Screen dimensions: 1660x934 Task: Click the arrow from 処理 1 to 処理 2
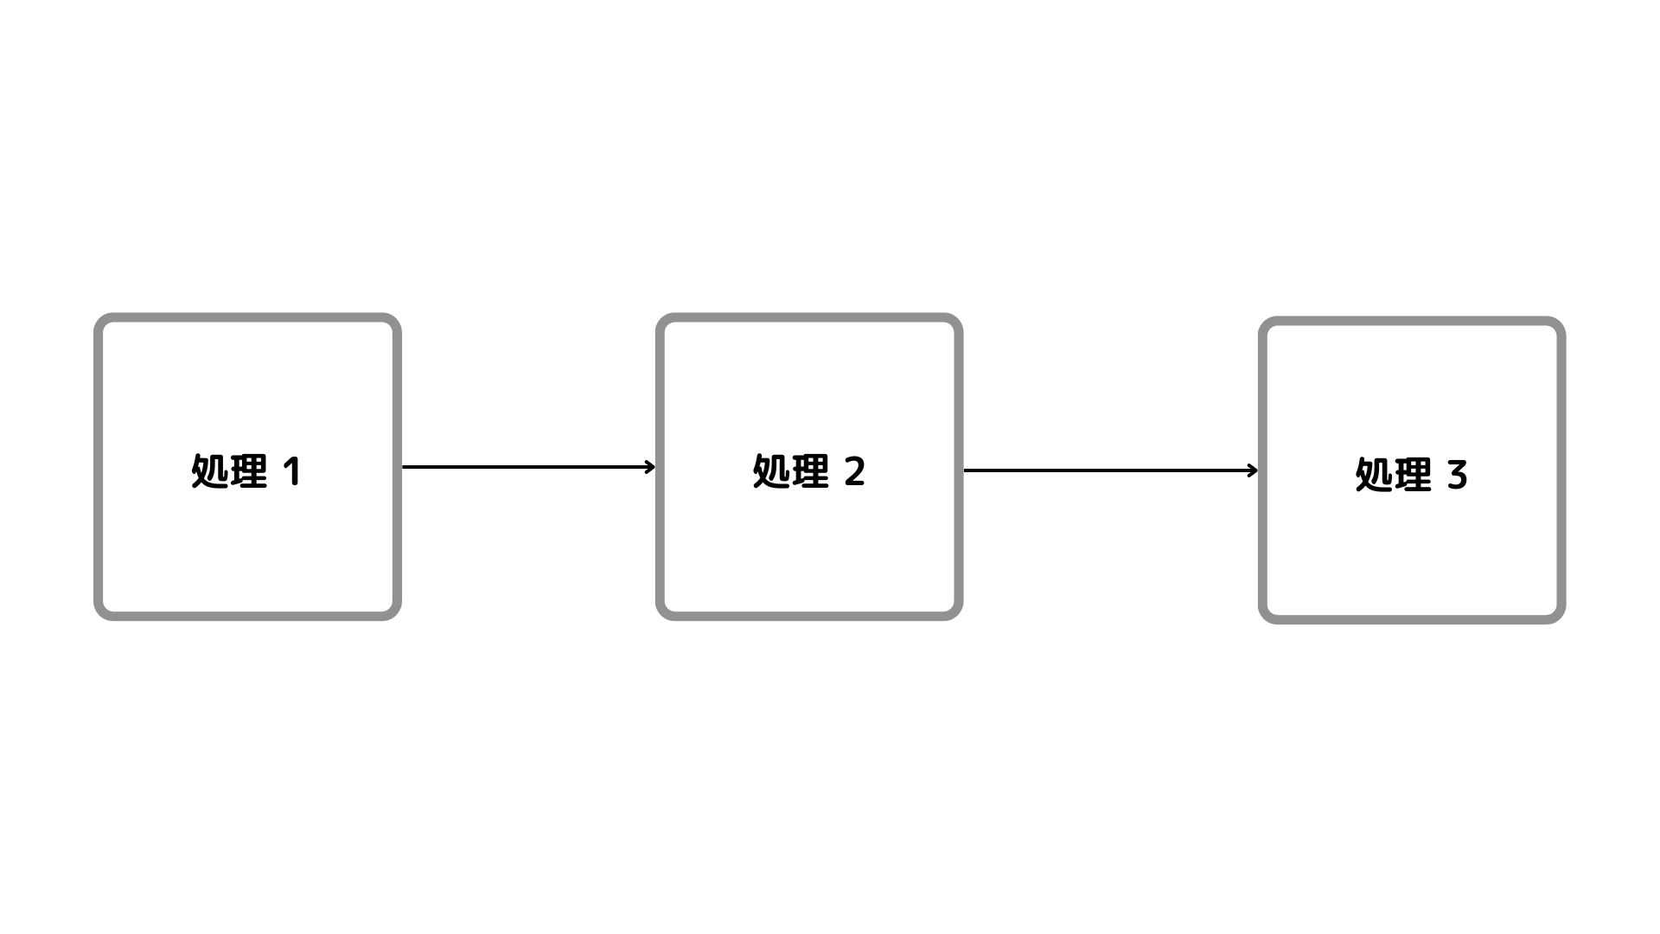(528, 467)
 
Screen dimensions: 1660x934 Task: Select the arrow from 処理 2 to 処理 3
(1111, 470)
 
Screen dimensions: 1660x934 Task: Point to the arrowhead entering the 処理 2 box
(650, 467)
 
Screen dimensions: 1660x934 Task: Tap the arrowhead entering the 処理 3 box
(1254, 470)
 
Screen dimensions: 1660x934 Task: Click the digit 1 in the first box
(292, 472)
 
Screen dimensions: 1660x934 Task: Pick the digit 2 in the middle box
(854, 472)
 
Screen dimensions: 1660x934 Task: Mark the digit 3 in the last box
(1457, 476)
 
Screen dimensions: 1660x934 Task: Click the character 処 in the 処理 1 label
(209, 472)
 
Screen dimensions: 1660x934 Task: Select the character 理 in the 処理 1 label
(249, 472)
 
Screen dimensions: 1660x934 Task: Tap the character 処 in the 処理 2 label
(771, 472)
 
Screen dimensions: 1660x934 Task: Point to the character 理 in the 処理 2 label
(811, 472)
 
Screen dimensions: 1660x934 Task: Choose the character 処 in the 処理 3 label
(1374, 476)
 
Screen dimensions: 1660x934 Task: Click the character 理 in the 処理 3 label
(1414, 476)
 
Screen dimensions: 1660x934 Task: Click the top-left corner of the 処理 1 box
(98, 317)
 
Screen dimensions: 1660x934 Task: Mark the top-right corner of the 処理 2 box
(960, 317)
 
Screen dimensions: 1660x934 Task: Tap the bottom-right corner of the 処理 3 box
(1562, 620)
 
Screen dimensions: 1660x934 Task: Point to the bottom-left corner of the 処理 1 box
(98, 617)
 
